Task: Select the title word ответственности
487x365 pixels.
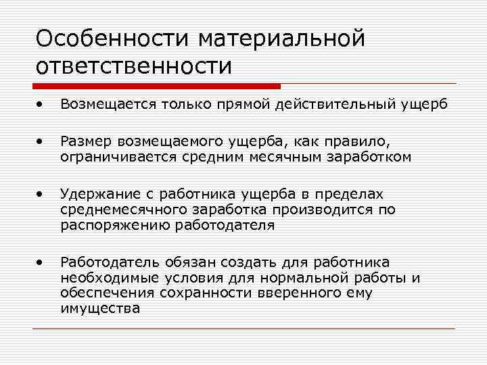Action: [x=134, y=66]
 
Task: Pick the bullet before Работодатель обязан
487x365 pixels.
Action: [x=42, y=260]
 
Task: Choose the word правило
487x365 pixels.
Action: [x=358, y=142]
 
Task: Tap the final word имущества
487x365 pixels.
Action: [x=99, y=308]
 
